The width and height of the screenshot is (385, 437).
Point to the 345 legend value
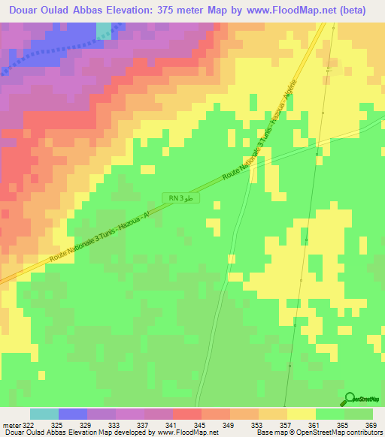click(200, 424)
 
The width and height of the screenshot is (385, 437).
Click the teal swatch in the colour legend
click(44, 414)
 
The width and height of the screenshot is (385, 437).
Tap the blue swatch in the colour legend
click(72, 414)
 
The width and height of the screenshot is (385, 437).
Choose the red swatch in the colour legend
click(186, 414)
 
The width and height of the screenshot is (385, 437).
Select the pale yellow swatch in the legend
click(301, 414)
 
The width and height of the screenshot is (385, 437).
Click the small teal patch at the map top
click(103, 29)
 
